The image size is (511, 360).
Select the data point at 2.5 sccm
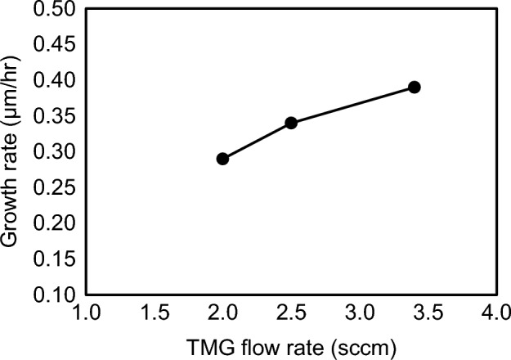(290, 123)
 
